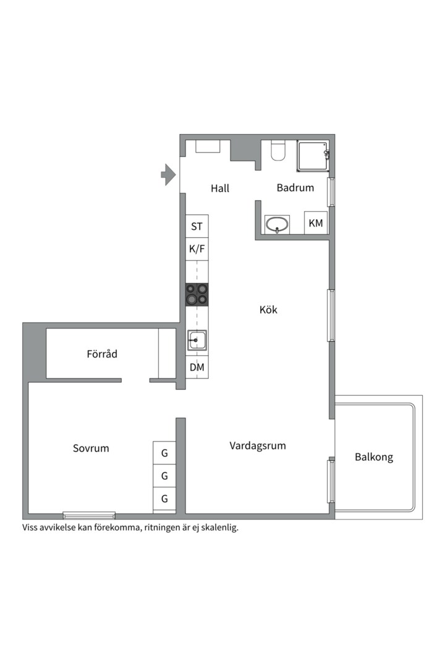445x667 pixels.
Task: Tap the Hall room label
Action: click(x=220, y=188)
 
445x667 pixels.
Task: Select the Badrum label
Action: click(x=295, y=188)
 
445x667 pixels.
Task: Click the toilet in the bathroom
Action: click(x=278, y=151)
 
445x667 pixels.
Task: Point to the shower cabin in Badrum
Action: click(x=313, y=157)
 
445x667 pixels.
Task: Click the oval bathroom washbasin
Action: click(x=278, y=224)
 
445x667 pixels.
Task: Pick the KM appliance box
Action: click(x=316, y=223)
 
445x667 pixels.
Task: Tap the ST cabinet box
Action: click(x=197, y=227)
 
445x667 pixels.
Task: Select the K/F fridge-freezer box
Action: click(x=197, y=250)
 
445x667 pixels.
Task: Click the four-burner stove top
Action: click(x=197, y=295)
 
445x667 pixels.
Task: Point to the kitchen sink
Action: click(x=197, y=340)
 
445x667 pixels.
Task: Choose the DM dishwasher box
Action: click(x=197, y=368)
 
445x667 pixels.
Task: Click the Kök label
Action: click(x=268, y=309)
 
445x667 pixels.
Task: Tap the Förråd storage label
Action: click(x=102, y=354)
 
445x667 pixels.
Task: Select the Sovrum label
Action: click(x=91, y=448)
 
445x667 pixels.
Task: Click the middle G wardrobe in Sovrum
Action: click(x=164, y=476)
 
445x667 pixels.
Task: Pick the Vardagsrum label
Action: click(x=258, y=445)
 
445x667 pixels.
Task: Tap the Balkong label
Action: click(x=374, y=458)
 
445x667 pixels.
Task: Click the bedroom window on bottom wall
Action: click(x=89, y=515)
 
